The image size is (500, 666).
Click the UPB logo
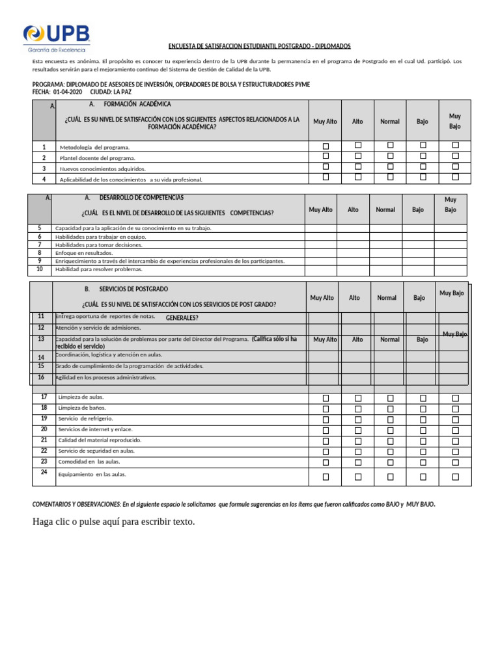click(57, 38)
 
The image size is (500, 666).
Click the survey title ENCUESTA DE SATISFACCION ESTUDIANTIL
click(260, 46)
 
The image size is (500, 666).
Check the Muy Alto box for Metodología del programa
click(326, 146)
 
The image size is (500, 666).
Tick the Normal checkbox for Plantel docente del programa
click(391, 156)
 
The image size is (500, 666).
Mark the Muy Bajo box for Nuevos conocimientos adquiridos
click(456, 166)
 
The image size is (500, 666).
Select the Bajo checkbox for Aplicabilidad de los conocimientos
click(423, 178)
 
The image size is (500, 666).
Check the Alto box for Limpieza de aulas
click(358, 398)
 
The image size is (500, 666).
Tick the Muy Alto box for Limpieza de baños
click(326, 409)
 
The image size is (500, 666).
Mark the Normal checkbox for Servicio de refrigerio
click(391, 420)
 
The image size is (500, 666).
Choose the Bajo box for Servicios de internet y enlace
click(423, 431)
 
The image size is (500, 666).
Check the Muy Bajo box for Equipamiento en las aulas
click(456, 477)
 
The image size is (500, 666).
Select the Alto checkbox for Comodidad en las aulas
click(358, 463)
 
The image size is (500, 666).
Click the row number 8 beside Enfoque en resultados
click(40, 252)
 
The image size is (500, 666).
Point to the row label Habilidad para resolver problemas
click(98, 269)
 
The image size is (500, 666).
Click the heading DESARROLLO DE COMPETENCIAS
click(141, 197)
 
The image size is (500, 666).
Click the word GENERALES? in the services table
click(182, 318)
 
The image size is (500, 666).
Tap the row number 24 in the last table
click(44, 472)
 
